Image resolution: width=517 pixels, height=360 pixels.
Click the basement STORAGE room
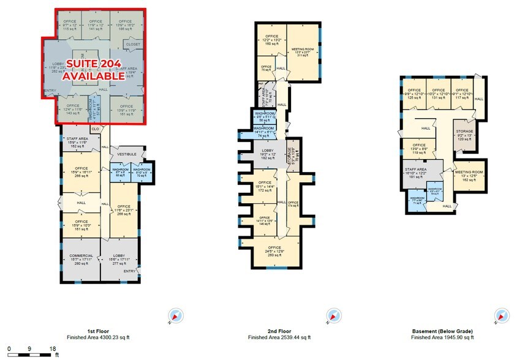point(464,135)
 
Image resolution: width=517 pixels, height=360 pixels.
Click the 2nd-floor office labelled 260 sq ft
point(274,252)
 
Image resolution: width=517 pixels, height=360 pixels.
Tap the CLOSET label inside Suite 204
point(133,45)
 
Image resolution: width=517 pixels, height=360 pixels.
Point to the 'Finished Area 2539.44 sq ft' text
point(279,337)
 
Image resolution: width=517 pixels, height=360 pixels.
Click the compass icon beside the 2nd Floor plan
point(334,317)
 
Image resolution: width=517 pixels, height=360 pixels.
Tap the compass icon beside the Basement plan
point(497,317)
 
